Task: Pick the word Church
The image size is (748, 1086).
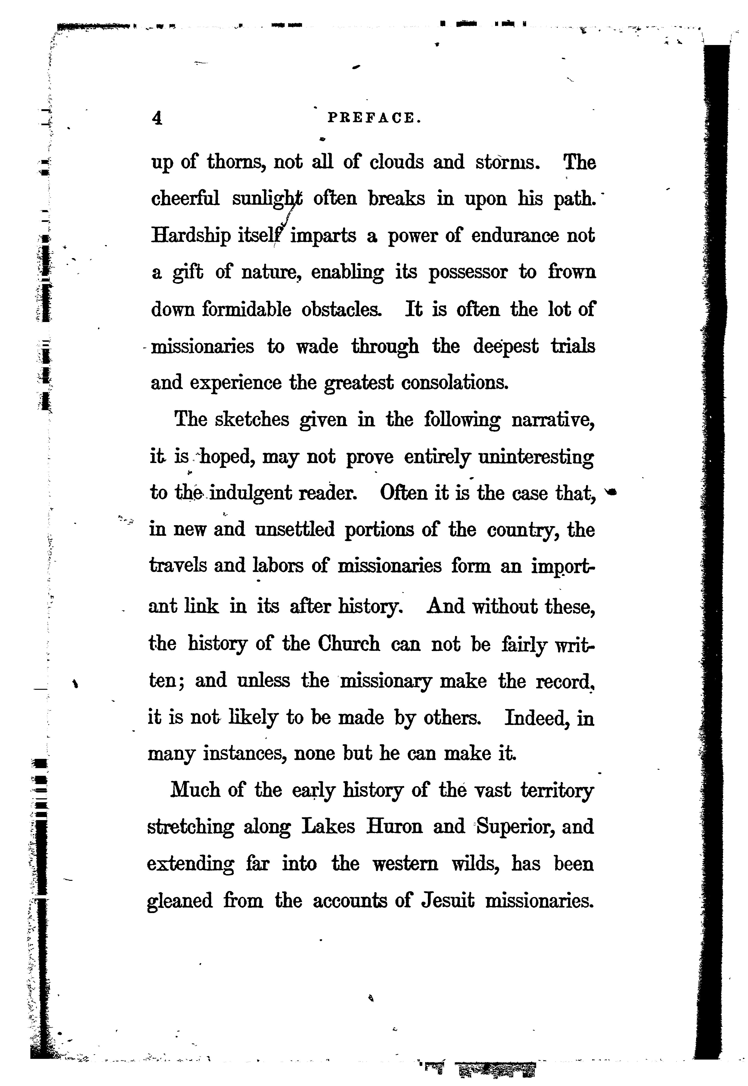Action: pos(349,644)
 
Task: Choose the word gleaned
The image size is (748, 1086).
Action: pos(180,901)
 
